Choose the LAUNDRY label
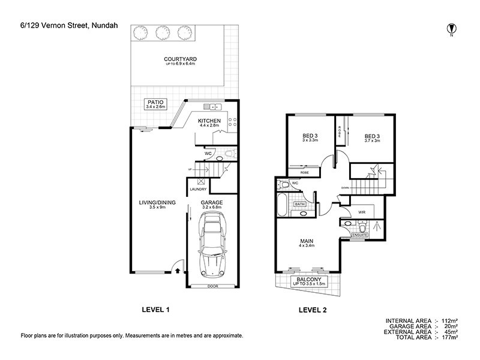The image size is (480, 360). tap(198, 190)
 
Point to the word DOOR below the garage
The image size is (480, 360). tap(211, 286)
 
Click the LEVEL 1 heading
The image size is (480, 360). tap(155, 310)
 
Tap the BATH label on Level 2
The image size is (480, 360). tap(300, 205)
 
